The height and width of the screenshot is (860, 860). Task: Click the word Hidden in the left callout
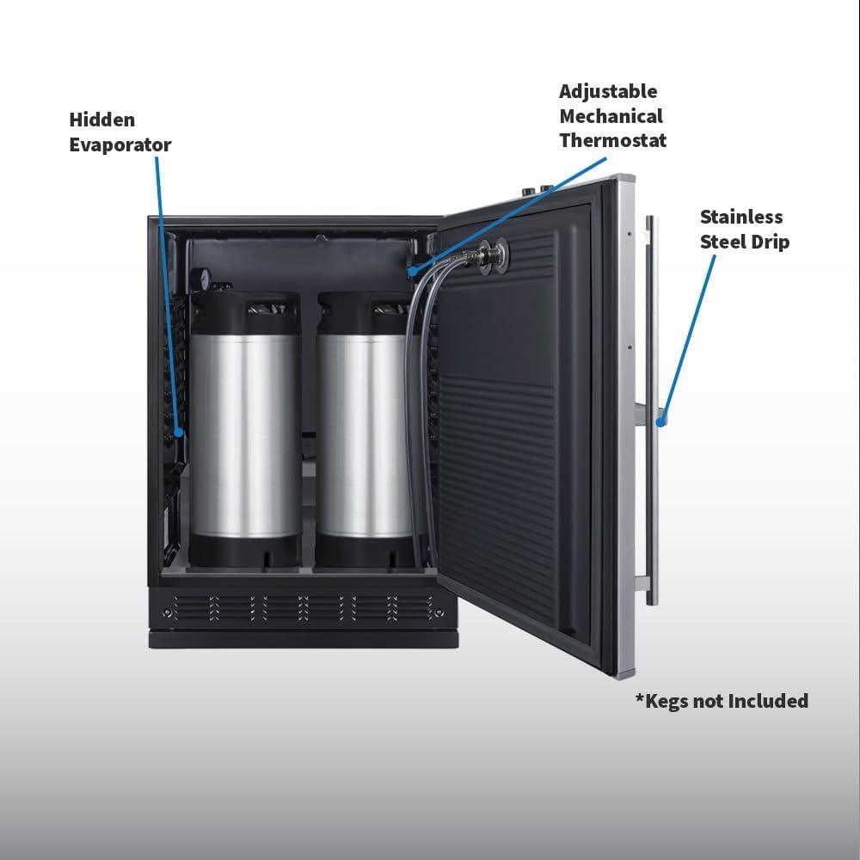click(x=102, y=120)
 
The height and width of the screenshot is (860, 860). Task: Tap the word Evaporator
click(x=120, y=144)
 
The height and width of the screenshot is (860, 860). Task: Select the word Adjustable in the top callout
click(x=608, y=92)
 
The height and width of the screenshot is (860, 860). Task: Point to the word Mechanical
click(x=611, y=116)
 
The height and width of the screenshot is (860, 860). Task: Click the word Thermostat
click(x=612, y=140)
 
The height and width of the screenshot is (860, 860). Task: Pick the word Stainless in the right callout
click(x=741, y=217)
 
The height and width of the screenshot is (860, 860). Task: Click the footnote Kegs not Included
click(x=722, y=701)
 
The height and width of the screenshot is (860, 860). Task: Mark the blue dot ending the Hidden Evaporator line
click(x=178, y=433)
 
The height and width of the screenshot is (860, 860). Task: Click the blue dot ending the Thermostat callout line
click(x=412, y=270)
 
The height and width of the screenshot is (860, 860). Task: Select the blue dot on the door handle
click(x=661, y=422)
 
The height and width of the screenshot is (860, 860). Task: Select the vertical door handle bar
click(x=651, y=410)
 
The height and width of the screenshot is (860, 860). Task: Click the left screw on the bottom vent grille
click(x=167, y=612)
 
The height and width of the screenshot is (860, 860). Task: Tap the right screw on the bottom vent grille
click(x=439, y=612)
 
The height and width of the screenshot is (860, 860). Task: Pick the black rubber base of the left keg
click(x=245, y=551)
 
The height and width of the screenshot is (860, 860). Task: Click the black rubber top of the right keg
click(x=363, y=313)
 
